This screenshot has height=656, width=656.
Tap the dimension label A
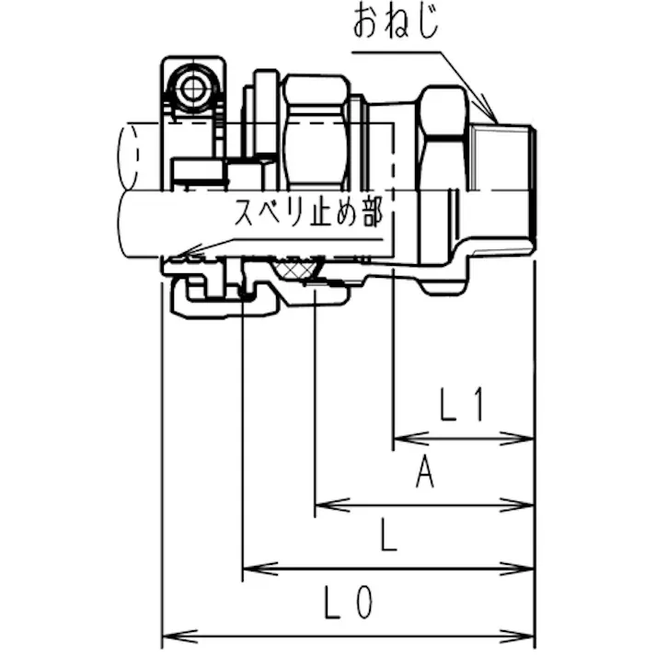click(x=424, y=474)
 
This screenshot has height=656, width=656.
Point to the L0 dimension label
click(x=350, y=604)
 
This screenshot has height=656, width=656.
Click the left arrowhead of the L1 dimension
click(x=399, y=439)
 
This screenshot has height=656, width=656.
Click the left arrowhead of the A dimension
click(x=321, y=505)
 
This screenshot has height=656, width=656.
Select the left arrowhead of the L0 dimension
click(x=167, y=635)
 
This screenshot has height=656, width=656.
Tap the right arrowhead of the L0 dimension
click(x=528, y=635)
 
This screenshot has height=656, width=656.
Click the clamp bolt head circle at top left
click(x=194, y=89)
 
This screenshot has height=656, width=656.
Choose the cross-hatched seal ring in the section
click(x=301, y=269)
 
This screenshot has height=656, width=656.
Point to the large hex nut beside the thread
click(x=443, y=184)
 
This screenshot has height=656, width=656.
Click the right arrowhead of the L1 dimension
click(x=528, y=439)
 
